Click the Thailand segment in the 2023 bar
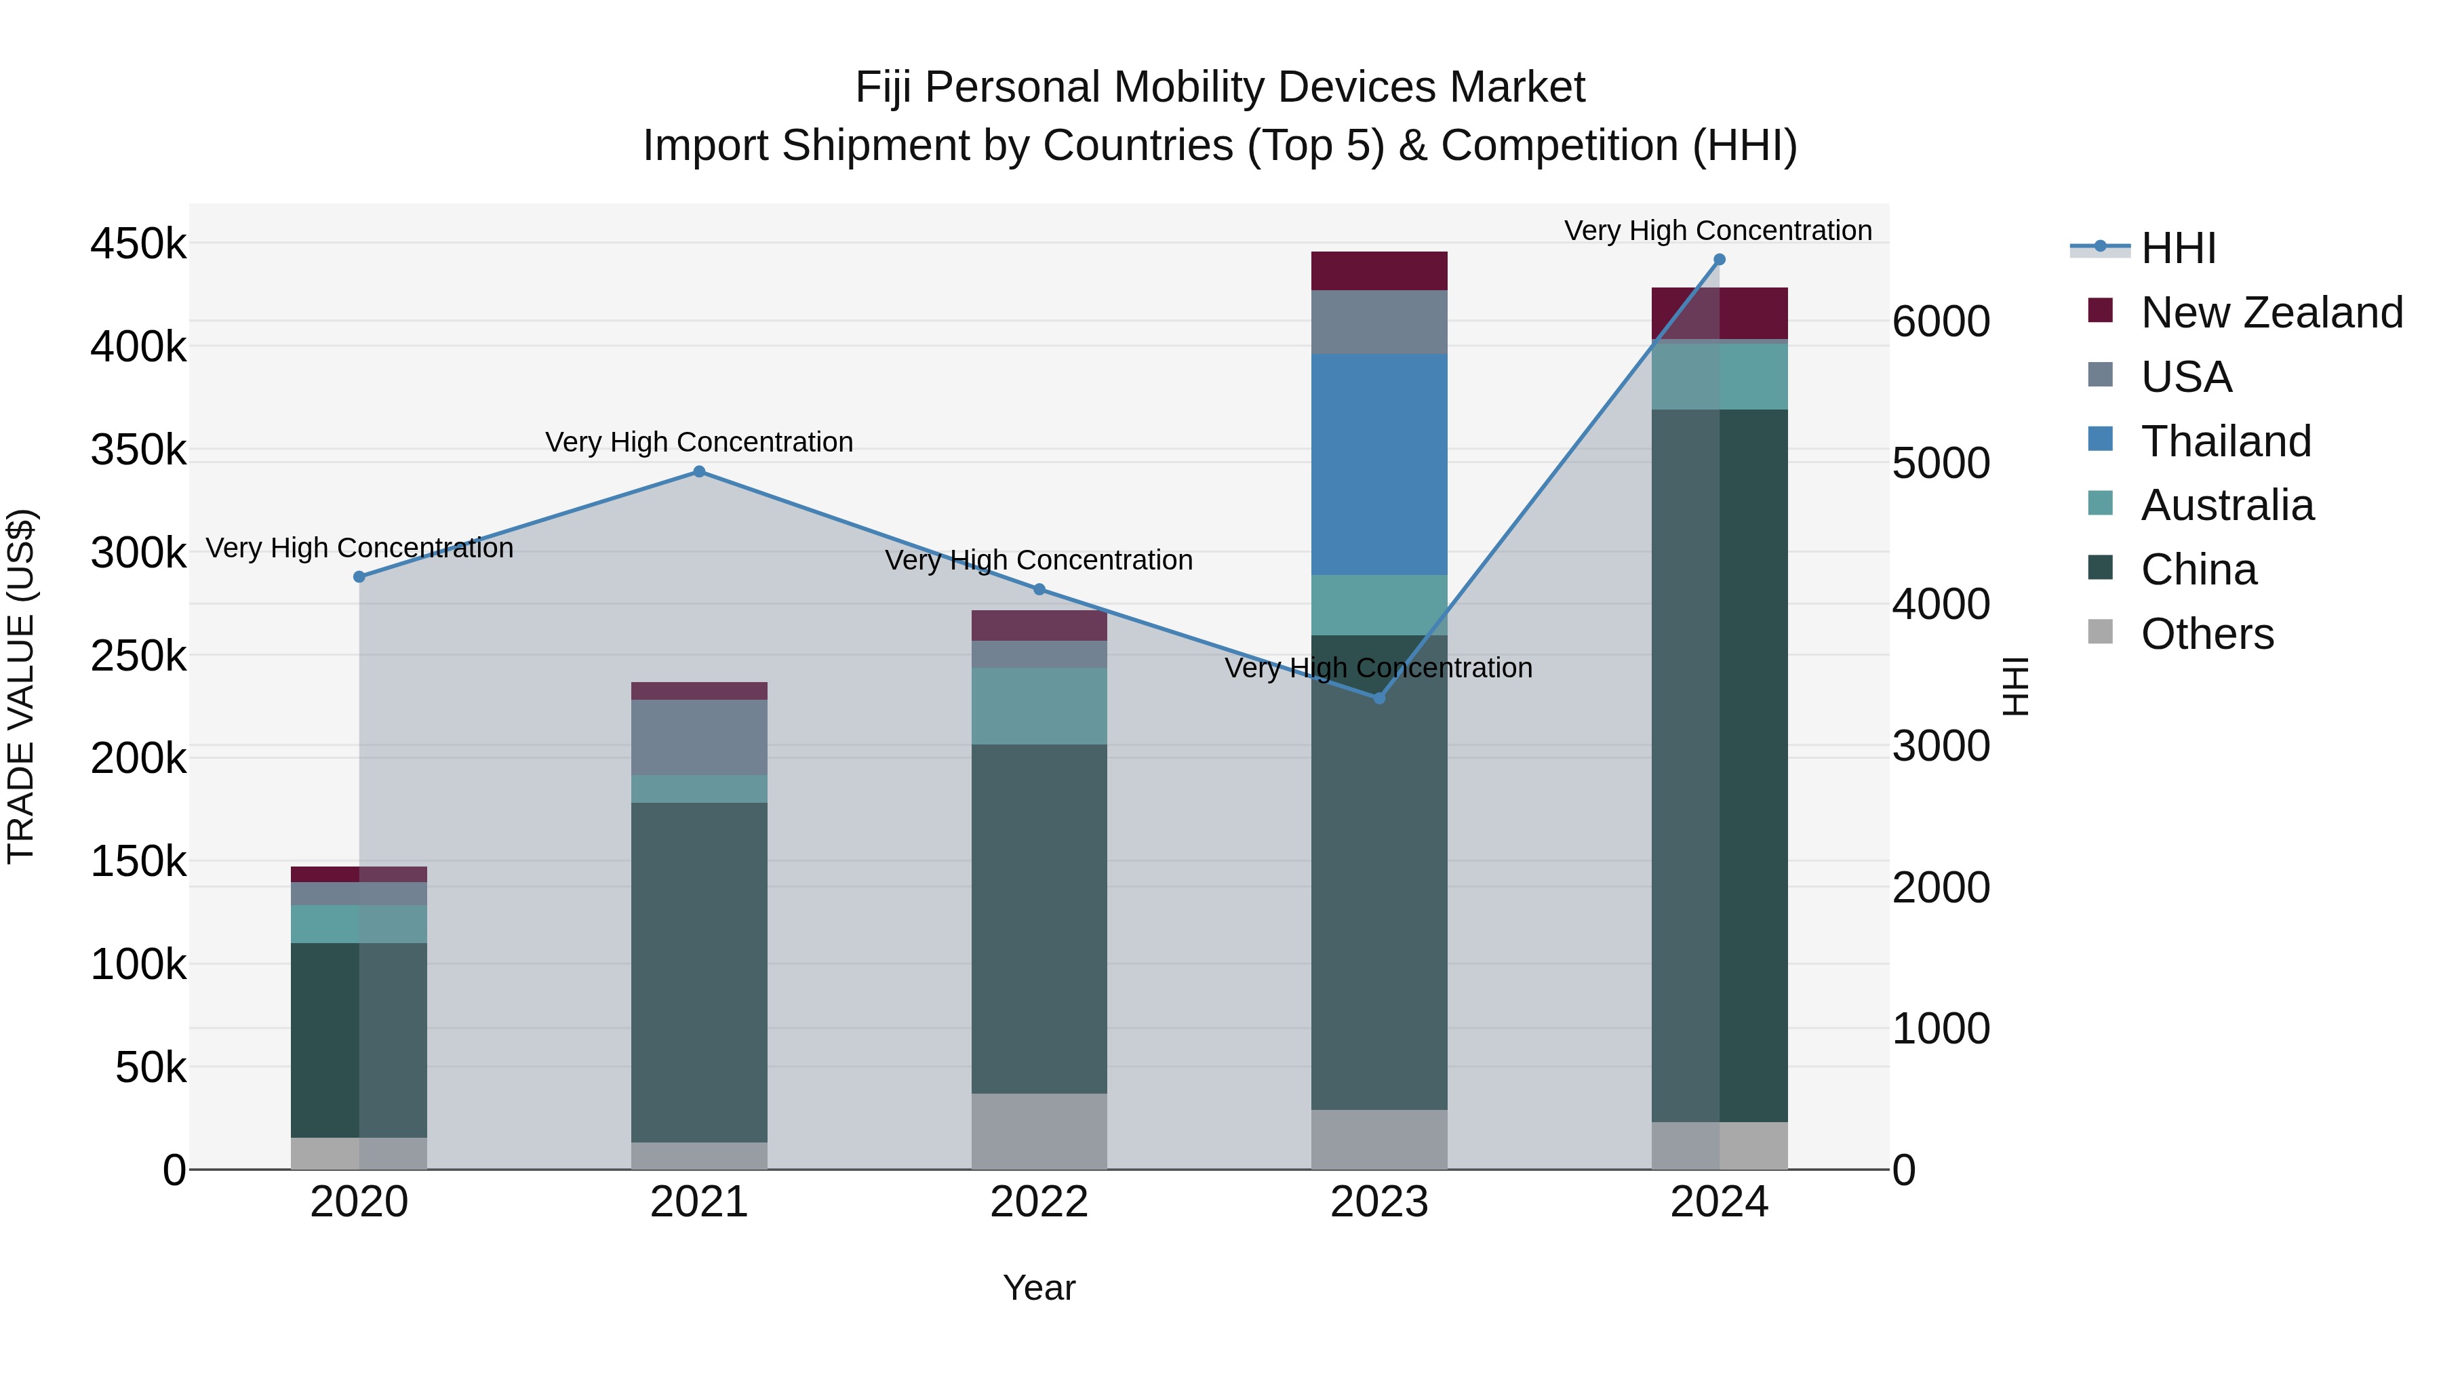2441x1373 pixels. [1378, 464]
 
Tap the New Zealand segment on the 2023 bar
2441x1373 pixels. [1378, 271]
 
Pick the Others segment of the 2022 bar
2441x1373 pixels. [1039, 1132]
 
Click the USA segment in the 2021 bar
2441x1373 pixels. [699, 737]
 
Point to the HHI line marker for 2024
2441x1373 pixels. [1719, 260]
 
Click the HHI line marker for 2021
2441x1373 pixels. [699, 472]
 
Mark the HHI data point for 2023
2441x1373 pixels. [1378, 698]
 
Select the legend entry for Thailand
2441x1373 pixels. [2225, 441]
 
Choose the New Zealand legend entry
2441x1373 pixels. [2270, 313]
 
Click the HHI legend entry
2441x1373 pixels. [2177, 248]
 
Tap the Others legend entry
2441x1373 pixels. [2206, 634]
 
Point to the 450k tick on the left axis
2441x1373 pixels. [138, 245]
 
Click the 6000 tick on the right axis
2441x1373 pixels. [1941, 322]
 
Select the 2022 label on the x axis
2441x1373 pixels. [1039, 1202]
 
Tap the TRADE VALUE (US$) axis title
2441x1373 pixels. [21, 686]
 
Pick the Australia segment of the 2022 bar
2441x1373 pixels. [1039, 706]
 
